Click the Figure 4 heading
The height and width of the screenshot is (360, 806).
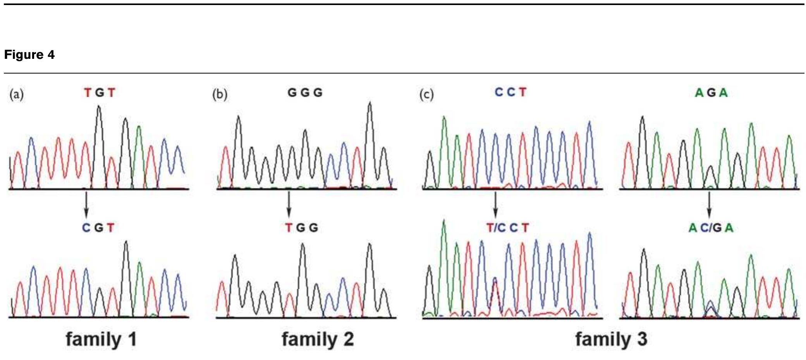click(x=29, y=55)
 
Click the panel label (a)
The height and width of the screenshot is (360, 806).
click(x=17, y=94)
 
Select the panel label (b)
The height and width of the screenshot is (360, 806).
click(x=220, y=94)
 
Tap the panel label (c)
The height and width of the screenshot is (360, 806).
click(x=426, y=94)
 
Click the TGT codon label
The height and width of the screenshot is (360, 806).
click(x=100, y=93)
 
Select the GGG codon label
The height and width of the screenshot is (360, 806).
click(x=305, y=93)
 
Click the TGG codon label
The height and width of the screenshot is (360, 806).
click(x=302, y=228)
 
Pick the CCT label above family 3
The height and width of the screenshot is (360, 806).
click(x=510, y=92)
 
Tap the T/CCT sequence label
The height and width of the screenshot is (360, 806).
click(x=507, y=228)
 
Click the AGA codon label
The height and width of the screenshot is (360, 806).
click(x=711, y=93)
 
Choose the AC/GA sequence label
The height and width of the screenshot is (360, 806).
click(x=711, y=228)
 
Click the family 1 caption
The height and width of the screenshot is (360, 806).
click(x=101, y=339)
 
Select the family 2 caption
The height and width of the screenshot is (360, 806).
click(x=318, y=339)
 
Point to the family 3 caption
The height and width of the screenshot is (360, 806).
click(x=611, y=339)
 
